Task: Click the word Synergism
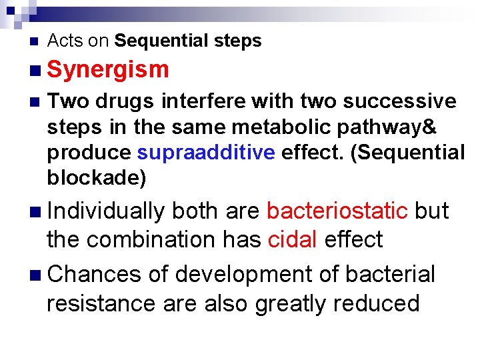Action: (x=108, y=69)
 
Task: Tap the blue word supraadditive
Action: (x=205, y=152)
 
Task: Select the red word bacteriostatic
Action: (x=337, y=211)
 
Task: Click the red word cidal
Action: (x=292, y=239)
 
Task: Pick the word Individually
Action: (x=106, y=211)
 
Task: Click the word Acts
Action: (x=65, y=41)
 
